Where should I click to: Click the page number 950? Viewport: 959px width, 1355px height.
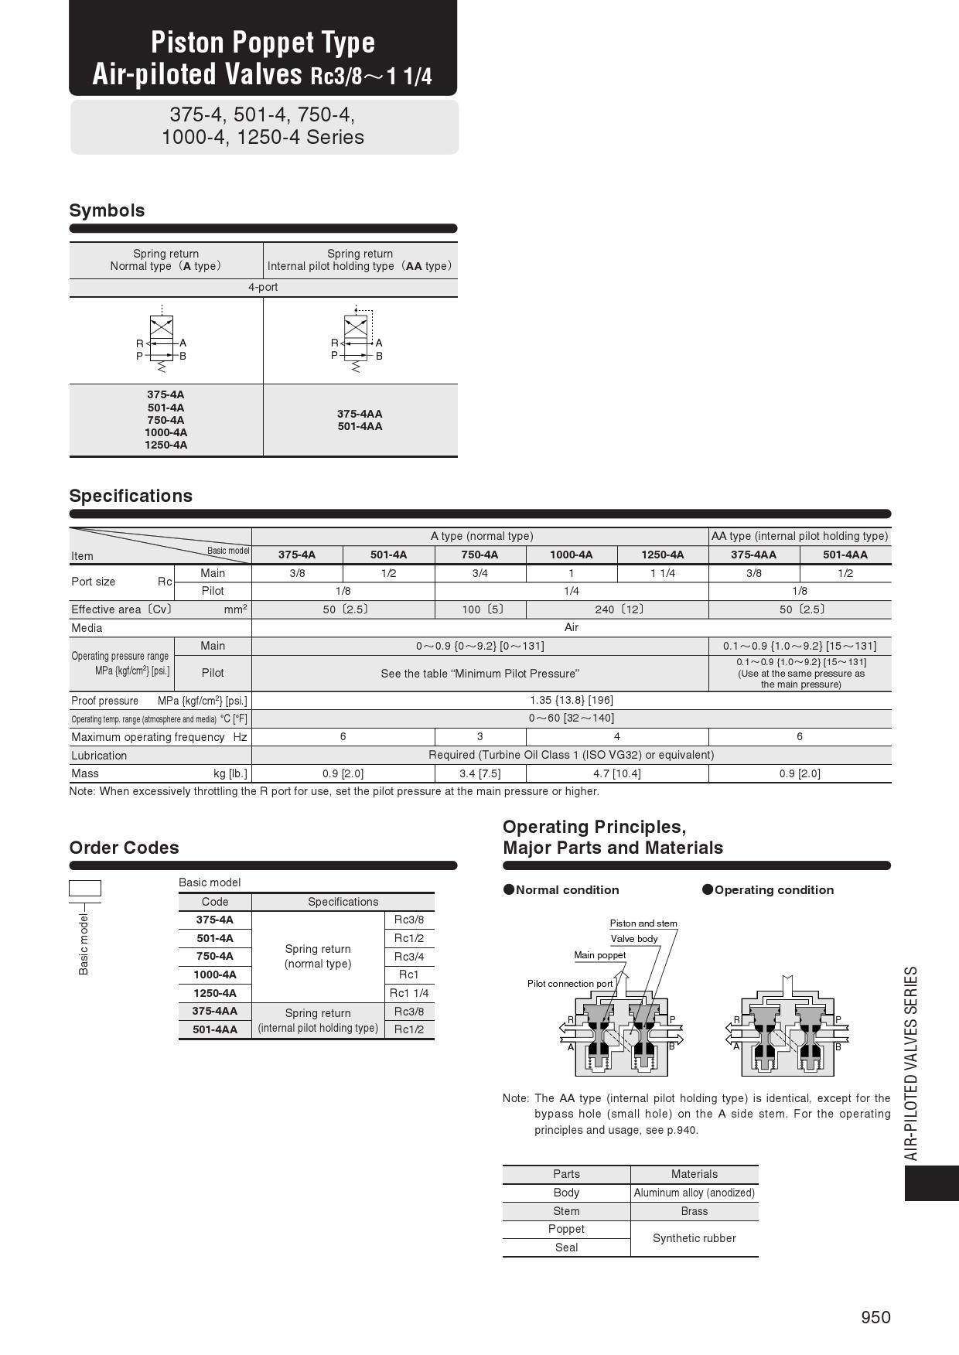tap(875, 1317)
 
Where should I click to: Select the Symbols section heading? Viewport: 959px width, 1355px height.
tap(107, 210)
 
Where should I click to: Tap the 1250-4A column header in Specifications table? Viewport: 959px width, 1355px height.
tap(662, 555)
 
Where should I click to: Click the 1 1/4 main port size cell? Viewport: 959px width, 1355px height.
tap(662, 573)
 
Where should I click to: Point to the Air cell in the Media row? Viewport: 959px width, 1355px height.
tap(571, 627)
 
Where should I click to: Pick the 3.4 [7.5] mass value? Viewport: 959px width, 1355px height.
tap(479, 773)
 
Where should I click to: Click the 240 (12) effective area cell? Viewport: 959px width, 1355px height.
tap(616, 609)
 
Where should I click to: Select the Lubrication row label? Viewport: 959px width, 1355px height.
tap(99, 756)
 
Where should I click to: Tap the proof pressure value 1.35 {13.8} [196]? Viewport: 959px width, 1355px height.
tap(571, 700)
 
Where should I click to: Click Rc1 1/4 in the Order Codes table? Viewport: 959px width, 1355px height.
tap(409, 993)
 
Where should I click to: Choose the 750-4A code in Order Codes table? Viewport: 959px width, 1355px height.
tap(214, 957)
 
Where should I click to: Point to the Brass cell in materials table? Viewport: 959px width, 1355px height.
tap(694, 1211)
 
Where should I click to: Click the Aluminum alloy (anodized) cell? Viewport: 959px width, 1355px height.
tap(694, 1193)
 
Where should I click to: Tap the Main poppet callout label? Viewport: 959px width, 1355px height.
tap(599, 955)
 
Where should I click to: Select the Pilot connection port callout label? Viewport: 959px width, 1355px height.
tap(569, 984)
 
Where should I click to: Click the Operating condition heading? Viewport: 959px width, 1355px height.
tap(773, 890)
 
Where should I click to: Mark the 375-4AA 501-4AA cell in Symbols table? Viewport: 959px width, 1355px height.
tap(360, 420)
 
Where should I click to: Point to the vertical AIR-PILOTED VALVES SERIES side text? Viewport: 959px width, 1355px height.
tap(911, 1063)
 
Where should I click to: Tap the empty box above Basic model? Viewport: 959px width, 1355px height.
tap(85, 888)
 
